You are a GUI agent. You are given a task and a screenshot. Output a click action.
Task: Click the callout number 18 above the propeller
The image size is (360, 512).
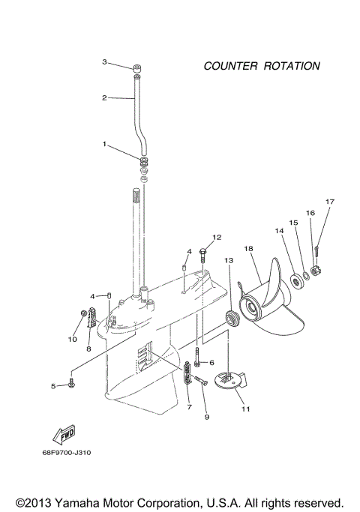[248, 248]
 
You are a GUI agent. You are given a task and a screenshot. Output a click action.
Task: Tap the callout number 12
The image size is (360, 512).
[217, 237]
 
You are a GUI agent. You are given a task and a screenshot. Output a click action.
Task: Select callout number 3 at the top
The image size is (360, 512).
[106, 61]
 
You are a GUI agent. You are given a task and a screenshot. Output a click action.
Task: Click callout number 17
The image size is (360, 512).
[328, 202]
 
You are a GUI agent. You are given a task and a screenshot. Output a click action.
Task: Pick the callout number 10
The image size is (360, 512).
[73, 339]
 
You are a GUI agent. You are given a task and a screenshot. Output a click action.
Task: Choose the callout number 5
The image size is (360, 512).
[53, 386]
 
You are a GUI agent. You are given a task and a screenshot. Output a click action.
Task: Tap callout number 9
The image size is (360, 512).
[206, 417]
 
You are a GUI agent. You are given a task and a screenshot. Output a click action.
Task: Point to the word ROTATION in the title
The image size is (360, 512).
[292, 66]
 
